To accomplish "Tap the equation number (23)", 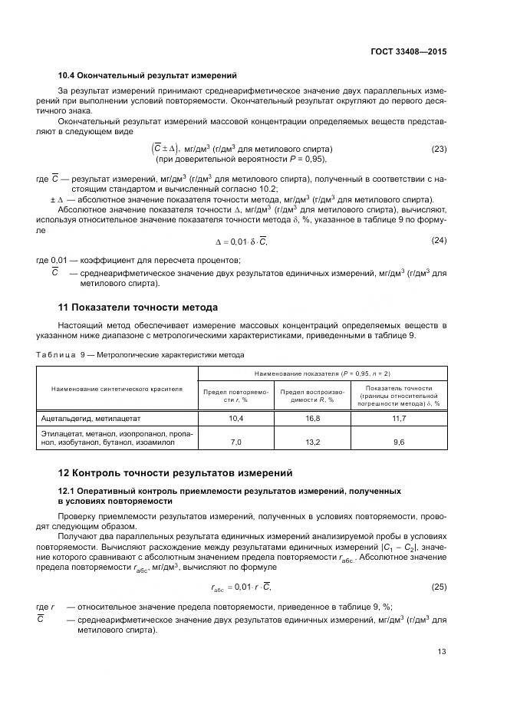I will point(439,149).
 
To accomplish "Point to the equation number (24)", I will point(439,240).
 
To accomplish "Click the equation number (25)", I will point(439,587).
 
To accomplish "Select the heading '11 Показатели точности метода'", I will point(138,307).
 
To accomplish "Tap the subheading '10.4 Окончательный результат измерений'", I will point(147,75).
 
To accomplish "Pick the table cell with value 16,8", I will point(312,418).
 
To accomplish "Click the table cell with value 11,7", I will point(399,418).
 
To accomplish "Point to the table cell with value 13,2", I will point(312,442).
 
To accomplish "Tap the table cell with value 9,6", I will point(399,442).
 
